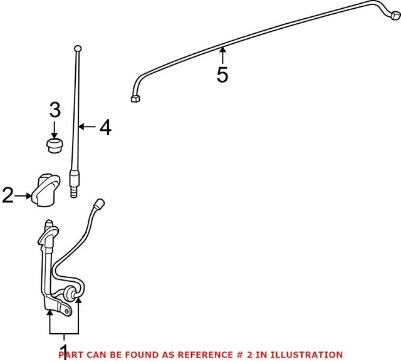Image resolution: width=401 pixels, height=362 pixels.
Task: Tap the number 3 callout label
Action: pos(55,111)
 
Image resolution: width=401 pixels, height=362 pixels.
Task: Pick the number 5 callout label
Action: pos(222,75)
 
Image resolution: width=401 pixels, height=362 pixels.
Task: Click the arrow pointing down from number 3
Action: pos(55,130)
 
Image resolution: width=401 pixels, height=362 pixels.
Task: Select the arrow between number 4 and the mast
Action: pos(88,128)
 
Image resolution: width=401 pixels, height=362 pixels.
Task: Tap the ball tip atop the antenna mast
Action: pos(77,48)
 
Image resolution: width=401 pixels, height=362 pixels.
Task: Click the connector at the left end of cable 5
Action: pos(134,98)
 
